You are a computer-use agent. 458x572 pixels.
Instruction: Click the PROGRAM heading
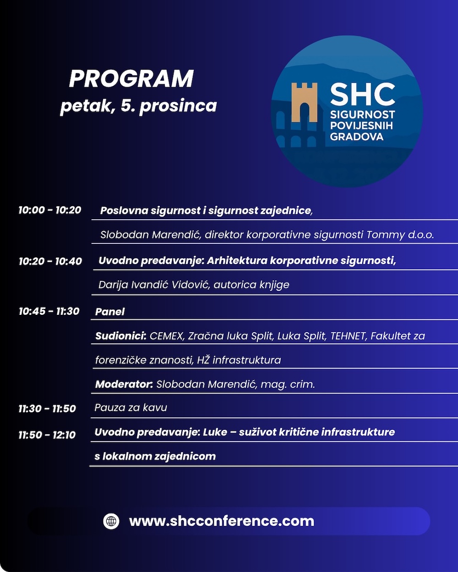click(x=131, y=79)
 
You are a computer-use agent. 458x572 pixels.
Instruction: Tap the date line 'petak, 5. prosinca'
click(x=138, y=106)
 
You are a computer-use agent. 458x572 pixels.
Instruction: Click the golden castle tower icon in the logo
click(x=305, y=102)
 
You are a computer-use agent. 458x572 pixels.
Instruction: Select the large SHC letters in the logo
click(x=362, y=94)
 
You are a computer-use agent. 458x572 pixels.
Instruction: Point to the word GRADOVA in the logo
click(x=357, y=137)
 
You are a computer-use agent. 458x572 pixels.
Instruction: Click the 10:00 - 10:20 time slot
click(x=50, y=210)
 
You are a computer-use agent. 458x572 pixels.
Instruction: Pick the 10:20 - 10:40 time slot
click(x=50, y=261)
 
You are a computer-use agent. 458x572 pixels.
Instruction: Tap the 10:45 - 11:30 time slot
click(x=49, y=311)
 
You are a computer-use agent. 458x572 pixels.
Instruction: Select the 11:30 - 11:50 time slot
click(x=47, y=409)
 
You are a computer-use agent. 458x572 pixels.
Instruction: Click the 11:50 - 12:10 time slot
click(x=47, y=435)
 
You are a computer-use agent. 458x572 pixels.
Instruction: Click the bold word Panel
click(x=110, y=312)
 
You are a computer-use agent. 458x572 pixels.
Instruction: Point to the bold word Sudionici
click(x=121, y=336)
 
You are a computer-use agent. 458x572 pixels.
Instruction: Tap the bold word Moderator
click(x=124, y=384)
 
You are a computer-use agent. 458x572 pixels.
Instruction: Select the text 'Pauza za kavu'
click(x=131, y=408)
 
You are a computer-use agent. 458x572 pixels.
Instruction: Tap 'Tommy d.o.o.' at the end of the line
click(x=400, y=235)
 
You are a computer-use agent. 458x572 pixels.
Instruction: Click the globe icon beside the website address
click(x=111, y=521)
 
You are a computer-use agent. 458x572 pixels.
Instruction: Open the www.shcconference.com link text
click(x=222, y=521)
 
